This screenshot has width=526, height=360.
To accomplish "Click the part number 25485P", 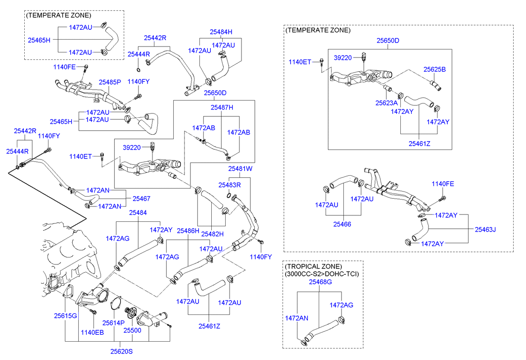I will (x=109, y=82).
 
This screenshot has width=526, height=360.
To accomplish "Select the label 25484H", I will (x=221, y=32).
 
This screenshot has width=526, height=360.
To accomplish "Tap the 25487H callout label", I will (x=222, y=107).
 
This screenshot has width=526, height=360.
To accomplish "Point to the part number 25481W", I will (x=240, y=169).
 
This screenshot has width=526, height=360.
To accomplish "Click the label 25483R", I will (x=230, y=185).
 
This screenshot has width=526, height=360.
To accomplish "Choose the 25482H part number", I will (x=213, y=234).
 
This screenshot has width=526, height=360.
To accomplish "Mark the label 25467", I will (x=141, y=199).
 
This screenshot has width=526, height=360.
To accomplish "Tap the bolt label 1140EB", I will (x=93, y=332).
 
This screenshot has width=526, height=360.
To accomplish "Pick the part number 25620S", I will (x=122, y=352).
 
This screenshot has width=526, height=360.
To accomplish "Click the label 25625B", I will (x=434, y=69).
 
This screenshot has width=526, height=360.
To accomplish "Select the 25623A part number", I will (x=386, y=103).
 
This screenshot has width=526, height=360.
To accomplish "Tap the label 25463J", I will (x=485, y=229).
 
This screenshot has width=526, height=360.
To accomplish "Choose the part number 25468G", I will (x=320, y=282).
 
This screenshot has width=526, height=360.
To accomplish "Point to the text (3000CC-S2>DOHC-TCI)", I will (x=322, y=273).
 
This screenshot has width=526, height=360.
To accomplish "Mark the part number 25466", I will (x=342, y=224).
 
